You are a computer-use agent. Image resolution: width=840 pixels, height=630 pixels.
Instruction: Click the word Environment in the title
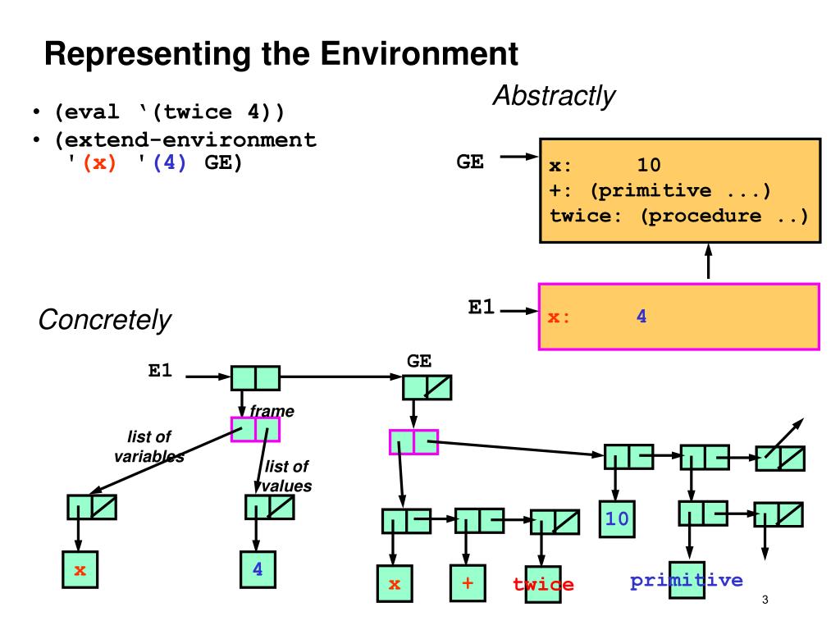click(419, 53)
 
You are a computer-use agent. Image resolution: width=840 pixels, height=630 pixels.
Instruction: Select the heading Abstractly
click(554, 97)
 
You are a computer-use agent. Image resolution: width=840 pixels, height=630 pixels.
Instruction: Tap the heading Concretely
click(104, 321)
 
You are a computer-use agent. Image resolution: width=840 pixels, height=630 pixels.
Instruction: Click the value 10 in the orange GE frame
click(648, 164)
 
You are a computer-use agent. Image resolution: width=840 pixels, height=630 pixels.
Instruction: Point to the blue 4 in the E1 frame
click(641, 316)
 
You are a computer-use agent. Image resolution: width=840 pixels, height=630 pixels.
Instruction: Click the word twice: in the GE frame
click(585, 216)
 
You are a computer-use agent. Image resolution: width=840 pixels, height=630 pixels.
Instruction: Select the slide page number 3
click(765, 600)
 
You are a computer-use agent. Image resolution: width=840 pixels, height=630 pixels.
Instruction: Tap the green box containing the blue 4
click(258, 569)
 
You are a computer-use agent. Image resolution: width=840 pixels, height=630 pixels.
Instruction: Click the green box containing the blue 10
click(617, 518)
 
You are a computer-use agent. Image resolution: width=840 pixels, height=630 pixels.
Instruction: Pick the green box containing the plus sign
click(468, 583)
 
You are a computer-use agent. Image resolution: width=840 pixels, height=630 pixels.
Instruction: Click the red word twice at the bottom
click(543, 584)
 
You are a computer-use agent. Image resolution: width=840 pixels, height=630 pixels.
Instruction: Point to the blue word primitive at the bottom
click(687, 580)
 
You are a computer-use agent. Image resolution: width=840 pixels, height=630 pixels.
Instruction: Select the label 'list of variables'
click(149, 446)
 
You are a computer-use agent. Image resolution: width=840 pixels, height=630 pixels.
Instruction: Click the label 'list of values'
click(286, 476)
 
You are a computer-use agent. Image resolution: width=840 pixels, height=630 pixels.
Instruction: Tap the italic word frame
click(272, 411)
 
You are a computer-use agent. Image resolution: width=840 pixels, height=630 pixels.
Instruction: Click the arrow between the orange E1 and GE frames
click(708, 262)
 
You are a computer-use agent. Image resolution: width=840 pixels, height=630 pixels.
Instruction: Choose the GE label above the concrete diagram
click(419, 361)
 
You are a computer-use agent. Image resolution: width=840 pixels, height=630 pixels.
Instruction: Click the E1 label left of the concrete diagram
click(160, 370)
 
